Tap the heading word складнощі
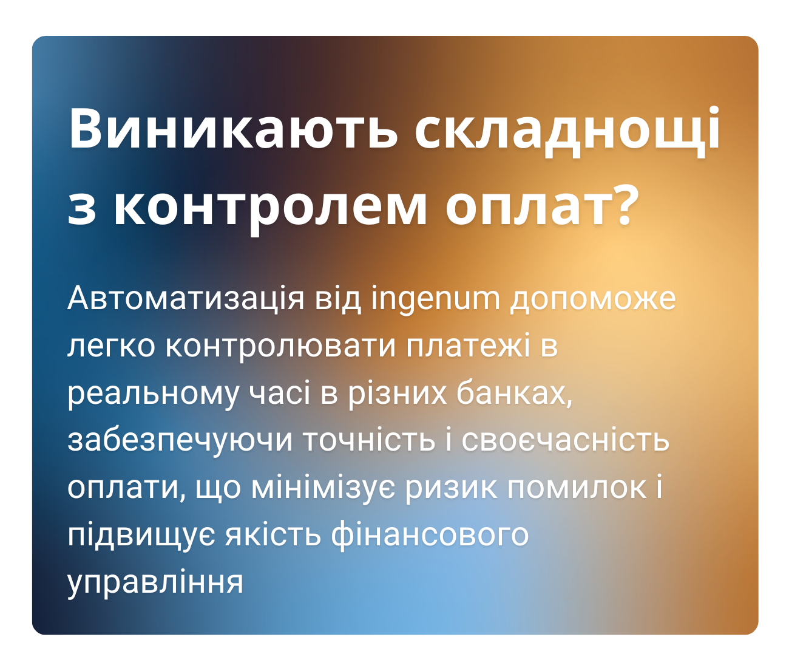pos(567,129)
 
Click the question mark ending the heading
pos(620,203)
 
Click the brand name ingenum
pos(435,299)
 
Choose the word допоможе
pos(592,299)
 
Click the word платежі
pos(468,346)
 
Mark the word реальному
pos(154,394)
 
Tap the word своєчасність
pos(565,440)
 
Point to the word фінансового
pos(430,535)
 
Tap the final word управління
pos(155,582)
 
